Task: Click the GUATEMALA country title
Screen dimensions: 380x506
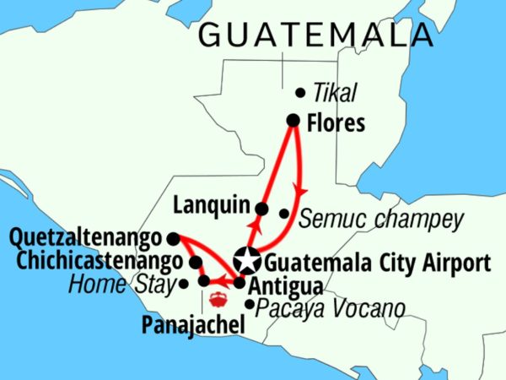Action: (x=316, y=35)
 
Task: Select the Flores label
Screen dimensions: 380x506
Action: (x=337, y=123)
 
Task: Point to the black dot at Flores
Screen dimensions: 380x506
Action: (x=293, y=121)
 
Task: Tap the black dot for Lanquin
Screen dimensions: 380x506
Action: (x=261, y=209)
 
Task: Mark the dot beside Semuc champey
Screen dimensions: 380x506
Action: (x=284, y=214)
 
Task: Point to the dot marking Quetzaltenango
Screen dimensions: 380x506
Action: (x=172, y=238)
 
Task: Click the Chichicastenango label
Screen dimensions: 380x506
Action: (x=92, y=261)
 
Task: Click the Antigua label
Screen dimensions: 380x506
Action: (x=278, y=285)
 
